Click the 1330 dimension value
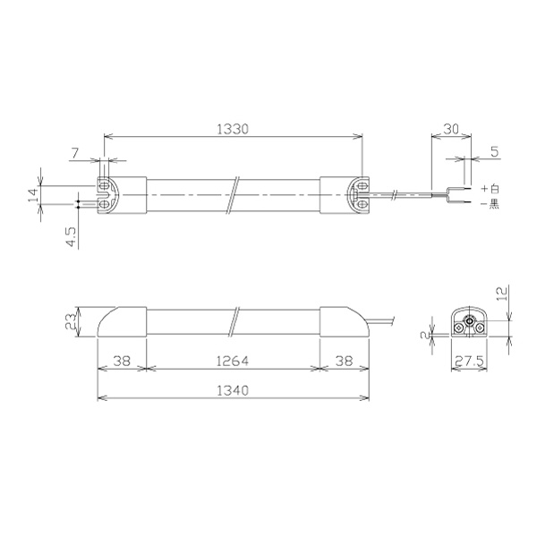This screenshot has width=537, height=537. tap(233, 129)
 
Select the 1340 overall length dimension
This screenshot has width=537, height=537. tap(233, 390)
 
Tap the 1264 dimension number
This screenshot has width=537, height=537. tap(233, 361)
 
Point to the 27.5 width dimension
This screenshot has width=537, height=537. tap(469, 361)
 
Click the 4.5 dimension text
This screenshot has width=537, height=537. tap(72, 236)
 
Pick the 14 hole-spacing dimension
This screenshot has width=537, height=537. tap(34, 195)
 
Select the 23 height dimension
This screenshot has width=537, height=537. tap(71, 322)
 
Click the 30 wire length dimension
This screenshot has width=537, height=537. tap(451, 129)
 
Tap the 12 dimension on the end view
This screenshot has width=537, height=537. tap(501, 294)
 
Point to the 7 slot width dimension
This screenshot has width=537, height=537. tap(75, 152)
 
